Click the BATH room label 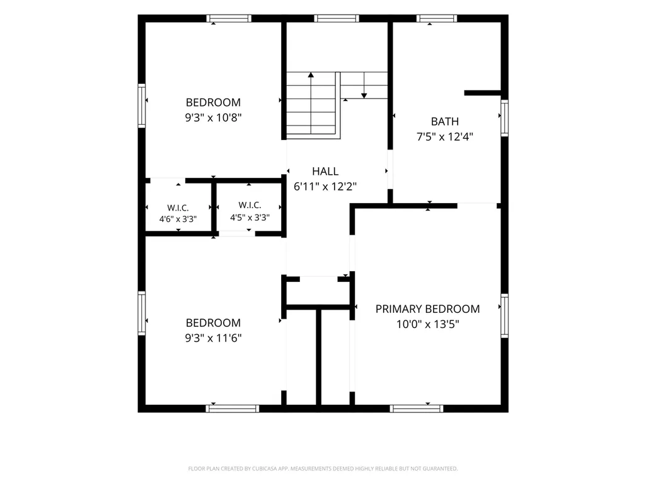click(444, 122)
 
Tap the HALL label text click(325, 171)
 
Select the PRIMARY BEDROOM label click(428, 309)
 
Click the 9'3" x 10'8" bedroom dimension click(213, 117)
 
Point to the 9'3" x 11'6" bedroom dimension click(213, 338)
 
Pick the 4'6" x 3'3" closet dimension click(178, 219)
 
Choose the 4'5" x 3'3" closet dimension click(250, 218)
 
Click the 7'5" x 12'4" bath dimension click(444, 136)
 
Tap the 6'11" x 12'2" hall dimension click(325, 187)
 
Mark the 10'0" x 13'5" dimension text click(428, 324)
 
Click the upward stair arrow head click(311, 75)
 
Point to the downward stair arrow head click(364, 96)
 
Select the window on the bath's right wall click(504, 117)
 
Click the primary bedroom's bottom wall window click(417, 409)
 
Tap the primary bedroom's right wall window click(504, 315)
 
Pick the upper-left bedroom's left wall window click(142, 105)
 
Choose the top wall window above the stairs click(337, 18)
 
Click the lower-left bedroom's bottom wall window click(233, 409)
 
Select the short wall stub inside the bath click(482, 93)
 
